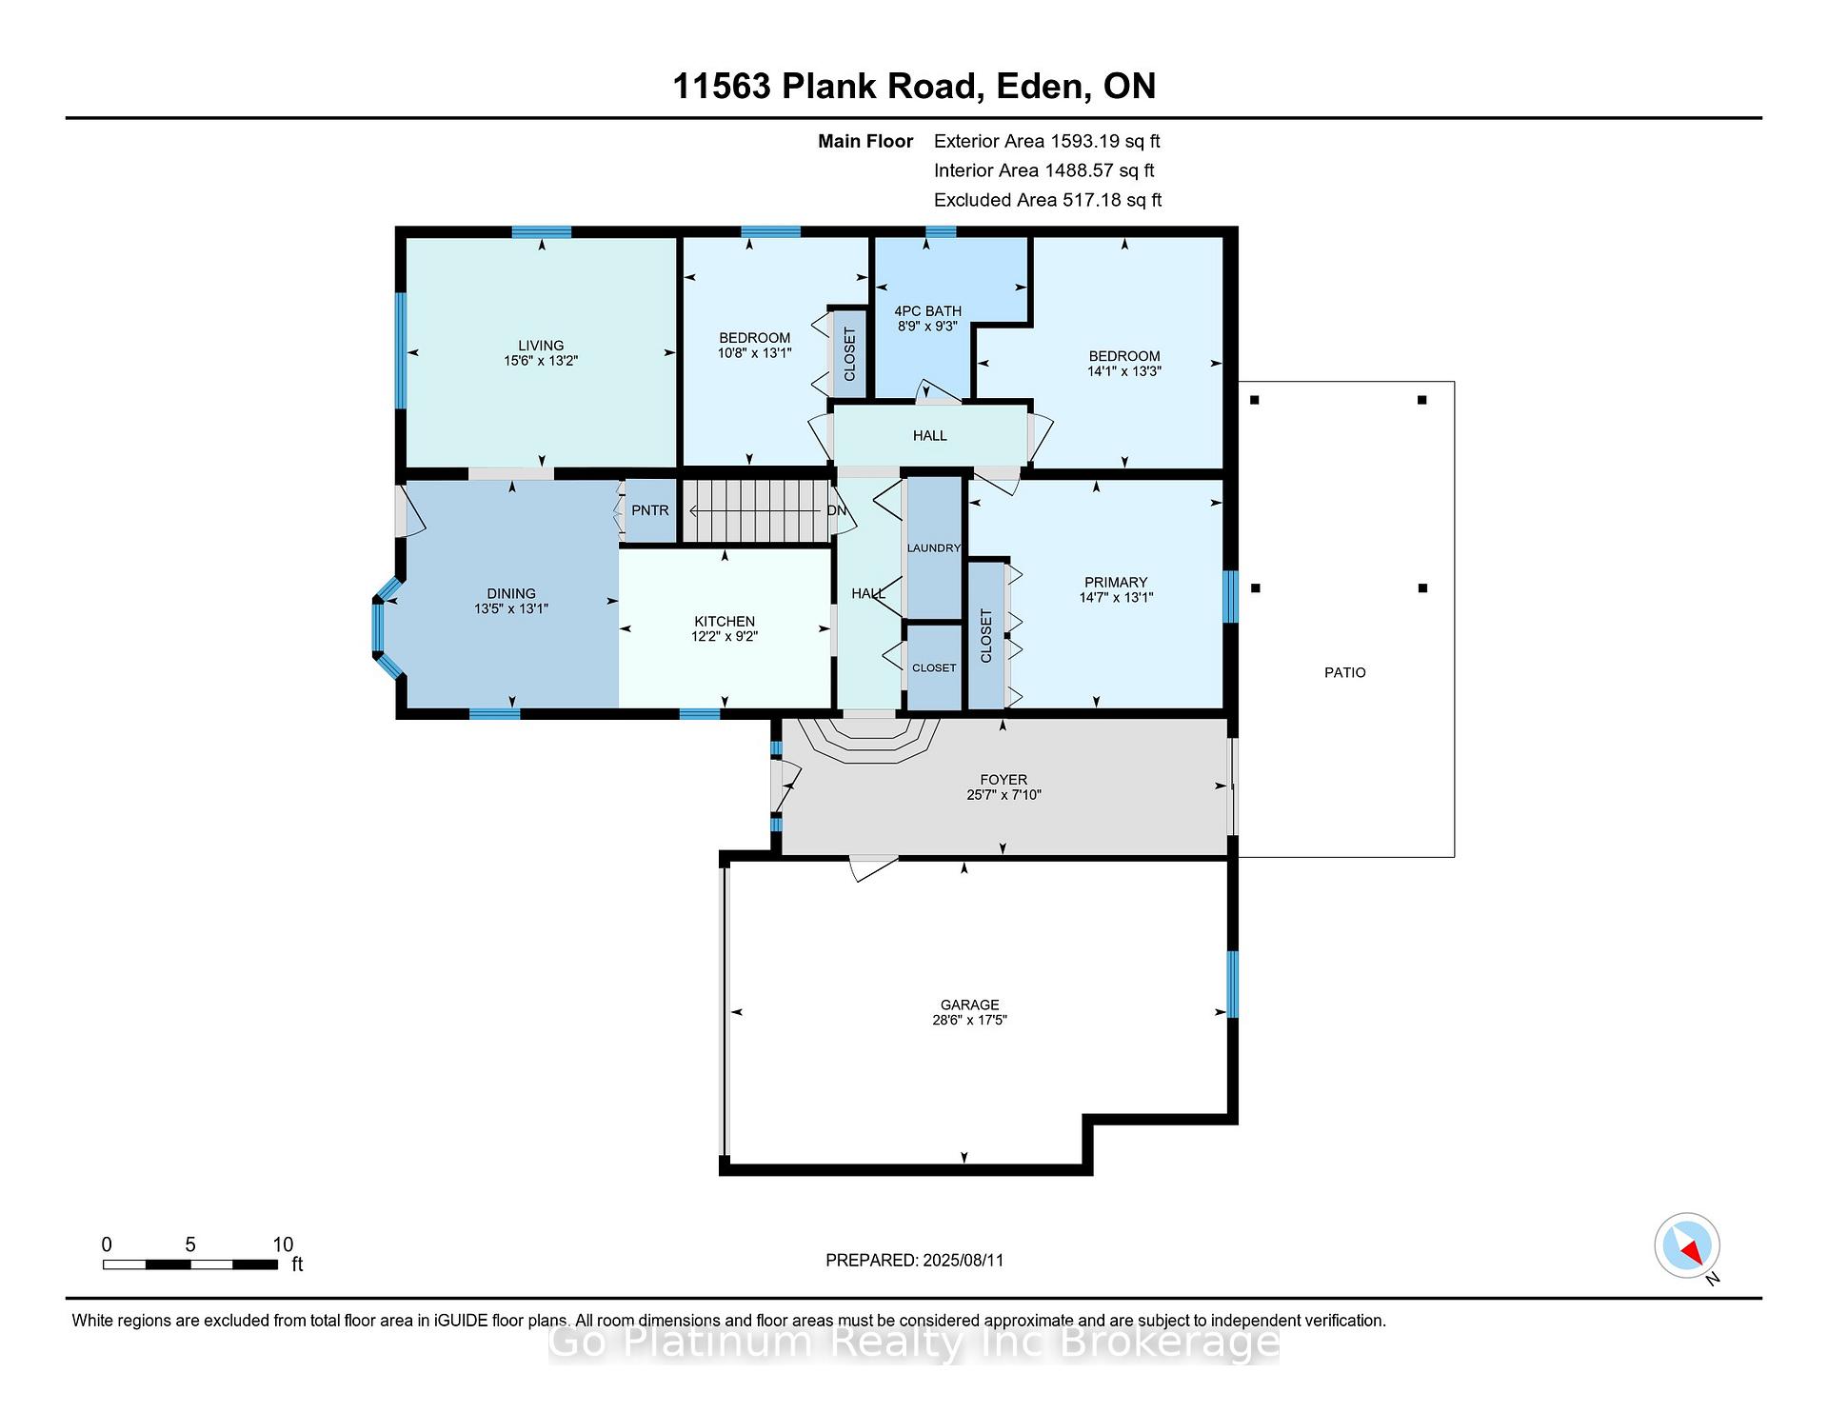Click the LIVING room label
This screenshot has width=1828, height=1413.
(x=541, y=346)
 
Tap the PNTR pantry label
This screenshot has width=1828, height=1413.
(x=650, y=510)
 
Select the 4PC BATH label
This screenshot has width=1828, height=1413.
(x=928, y=311)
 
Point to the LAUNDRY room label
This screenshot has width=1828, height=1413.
(x=934, y=547)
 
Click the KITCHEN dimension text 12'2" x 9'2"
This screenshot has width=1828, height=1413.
(x=725, y=637)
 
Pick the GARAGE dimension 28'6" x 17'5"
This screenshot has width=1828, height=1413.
(x=970, y=1020)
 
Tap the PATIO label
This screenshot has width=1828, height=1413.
(x=1345, y=672)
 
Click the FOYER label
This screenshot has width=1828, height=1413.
(x=1003, y=780)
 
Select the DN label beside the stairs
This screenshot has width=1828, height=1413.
(x=837, y=510)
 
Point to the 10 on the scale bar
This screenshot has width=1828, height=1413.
(x=283, y=1244)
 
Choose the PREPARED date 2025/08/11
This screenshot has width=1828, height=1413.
(x=964, y=1260)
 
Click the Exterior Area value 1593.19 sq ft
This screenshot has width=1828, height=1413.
(x=1104, y=142)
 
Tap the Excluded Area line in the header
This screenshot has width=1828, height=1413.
(x=1048, y=200)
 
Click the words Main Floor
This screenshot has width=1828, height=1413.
(x=865, y=142)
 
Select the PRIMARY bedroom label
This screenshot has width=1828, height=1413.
(x=1116, y=583)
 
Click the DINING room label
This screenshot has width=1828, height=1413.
(x=511, y=593)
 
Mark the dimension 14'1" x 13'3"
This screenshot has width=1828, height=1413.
(x=1124, y=371)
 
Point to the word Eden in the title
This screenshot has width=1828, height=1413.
(x=1042, y=86)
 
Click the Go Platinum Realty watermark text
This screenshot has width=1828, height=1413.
(x=914, y=1343)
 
